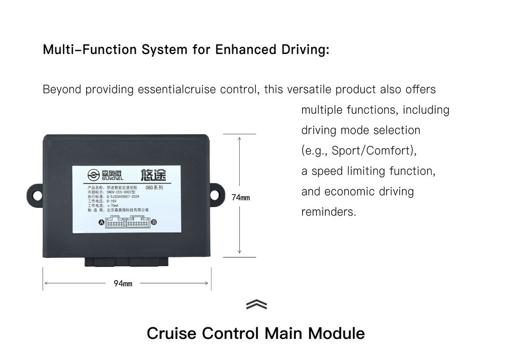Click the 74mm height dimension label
click(240, 198)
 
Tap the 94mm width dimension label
click(123, 284)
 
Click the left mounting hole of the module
click(37, 195)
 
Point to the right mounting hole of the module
click(215, 195)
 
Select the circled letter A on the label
click(102, 223)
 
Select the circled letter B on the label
click(154, 223)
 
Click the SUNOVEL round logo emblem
click(93, 176)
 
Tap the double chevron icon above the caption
click(256, 305)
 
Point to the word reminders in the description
click(328, 212)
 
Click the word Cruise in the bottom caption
click(172, 334)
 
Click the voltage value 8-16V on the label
click(111, 201)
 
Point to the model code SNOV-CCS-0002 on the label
click(123, 192)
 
